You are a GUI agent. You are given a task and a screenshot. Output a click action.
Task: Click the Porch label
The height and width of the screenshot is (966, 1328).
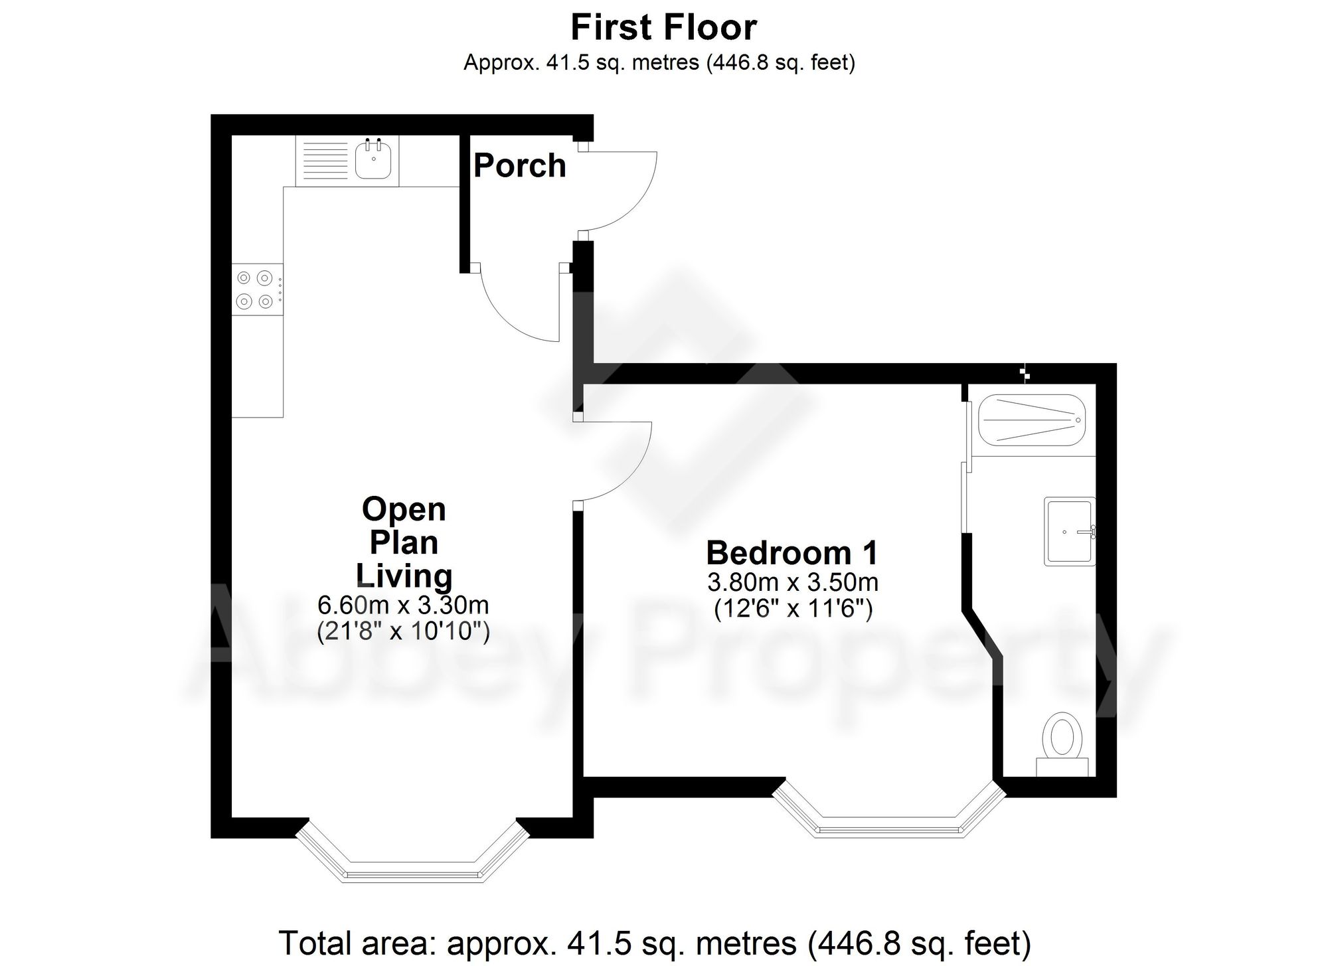pyautogui.click(x=519, y=165)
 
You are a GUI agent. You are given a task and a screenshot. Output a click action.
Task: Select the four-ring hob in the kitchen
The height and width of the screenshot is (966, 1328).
pyautogui.click(x=256, y=289)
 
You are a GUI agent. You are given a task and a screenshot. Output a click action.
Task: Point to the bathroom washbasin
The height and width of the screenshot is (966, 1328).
pyautogui.click(x=1069, y=531)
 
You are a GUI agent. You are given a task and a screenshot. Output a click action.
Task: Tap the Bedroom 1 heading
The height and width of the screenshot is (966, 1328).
pyautogui.click(x=792, y=552)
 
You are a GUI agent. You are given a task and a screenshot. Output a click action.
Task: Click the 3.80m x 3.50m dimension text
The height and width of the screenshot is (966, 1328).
pyautogui.click(x=792, y=583)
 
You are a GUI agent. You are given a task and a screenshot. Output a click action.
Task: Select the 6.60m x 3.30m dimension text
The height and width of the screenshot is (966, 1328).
pyautogui.click(x=403, y=605)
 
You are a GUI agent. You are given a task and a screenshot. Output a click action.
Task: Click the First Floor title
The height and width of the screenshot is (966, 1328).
pyautogui.click(x=663, y=28)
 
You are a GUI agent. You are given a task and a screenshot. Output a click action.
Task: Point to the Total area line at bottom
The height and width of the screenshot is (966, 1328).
pyautogui.click(x=654, y=943)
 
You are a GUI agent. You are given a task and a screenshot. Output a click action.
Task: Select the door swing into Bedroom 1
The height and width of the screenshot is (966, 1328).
pyautogui.click(x=614, y=461)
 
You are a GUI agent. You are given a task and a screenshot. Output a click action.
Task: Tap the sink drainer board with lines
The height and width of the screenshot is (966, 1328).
pyautogui.click(x=321, y=161)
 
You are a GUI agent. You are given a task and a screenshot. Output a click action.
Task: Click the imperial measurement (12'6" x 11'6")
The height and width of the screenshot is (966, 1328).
pyautogui.click(x=792, y=609)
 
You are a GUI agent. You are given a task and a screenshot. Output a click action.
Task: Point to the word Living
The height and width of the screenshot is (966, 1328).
pyautogui.click(x=404, y=576)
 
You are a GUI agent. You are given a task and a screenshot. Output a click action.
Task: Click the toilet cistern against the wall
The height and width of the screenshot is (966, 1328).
pyautogui.click(x=1062, y=767)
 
